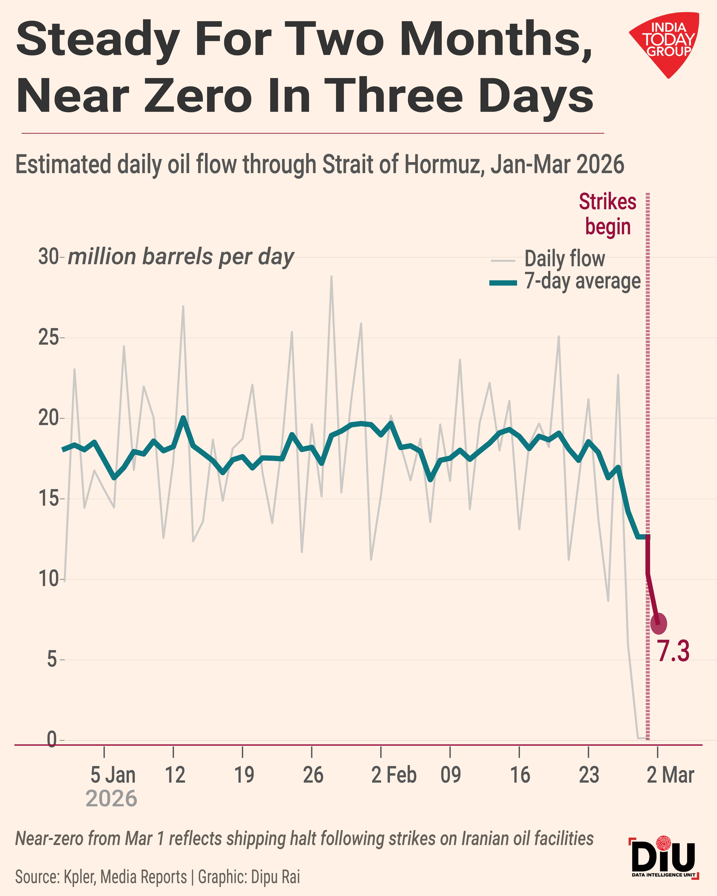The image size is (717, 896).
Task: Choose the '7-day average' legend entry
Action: [582, 281]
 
